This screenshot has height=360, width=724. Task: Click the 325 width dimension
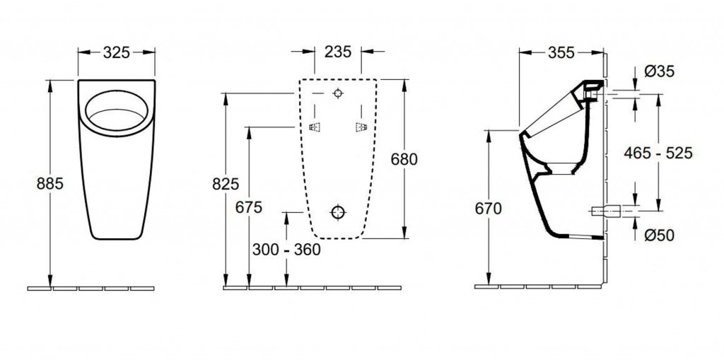(116, 52)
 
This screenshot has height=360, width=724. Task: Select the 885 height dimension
(50, 183)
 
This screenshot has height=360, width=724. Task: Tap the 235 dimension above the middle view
(337, 52)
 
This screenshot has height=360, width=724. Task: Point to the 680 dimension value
(404, 159)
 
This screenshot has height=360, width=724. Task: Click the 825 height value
(226, 184)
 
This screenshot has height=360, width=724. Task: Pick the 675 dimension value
(248, 207)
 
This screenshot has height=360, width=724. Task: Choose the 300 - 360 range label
(286, 250)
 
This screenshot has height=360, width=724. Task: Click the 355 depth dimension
(561, 53)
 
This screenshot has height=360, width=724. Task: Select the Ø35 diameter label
(660, 71)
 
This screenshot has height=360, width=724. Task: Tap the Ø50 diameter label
(660, 236)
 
